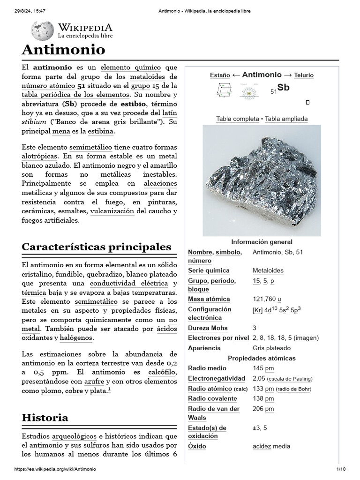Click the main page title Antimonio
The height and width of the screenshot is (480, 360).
tap(63, 50)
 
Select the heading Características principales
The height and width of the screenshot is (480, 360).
tap(97, 247)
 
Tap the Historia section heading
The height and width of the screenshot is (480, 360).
tap(45, 417)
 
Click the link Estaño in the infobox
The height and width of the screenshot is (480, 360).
tap(220, 75)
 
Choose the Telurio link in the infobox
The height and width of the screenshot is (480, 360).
tap(304, 75)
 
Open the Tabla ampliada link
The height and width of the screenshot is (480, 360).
tap(286, 119)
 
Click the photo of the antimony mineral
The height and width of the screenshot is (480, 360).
tap(262, 180)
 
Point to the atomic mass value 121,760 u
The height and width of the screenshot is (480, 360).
tap(266, 299)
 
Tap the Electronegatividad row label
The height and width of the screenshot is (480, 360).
tap(216, 378)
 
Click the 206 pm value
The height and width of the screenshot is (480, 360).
tap(263, 409)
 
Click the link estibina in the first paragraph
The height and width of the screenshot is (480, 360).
tap(100, 131)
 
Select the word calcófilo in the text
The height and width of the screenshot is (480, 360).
tap(162, 372)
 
